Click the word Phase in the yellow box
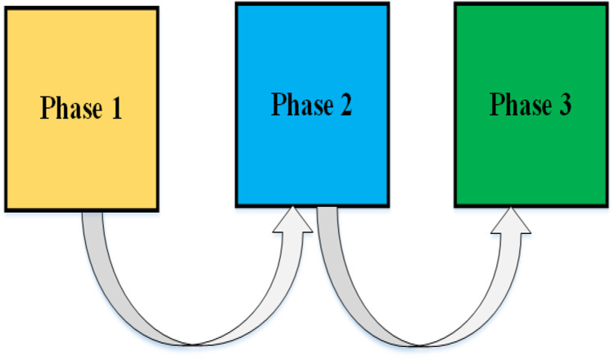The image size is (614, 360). pyautogui.click(x=68, y=109)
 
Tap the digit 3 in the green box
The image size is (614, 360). pyautogui.click(x=564, y=105)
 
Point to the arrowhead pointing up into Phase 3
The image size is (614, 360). pyautogui.click(x=512, y=221)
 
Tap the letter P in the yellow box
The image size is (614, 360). pyautogui.click(x=47, y=108)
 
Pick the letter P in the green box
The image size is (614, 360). pyautogui.click(x=497, y=104)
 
